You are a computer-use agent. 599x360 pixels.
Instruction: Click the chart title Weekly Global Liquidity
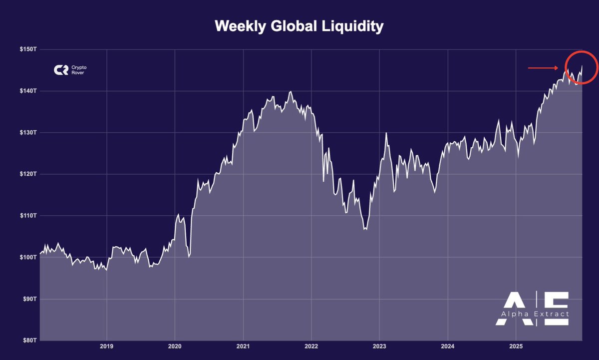tap(299, 26)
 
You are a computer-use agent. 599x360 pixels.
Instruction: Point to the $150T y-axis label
tap(29, 49)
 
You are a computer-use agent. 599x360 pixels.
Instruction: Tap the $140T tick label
tap(29, 91)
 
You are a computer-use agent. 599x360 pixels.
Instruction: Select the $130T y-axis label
tap(29, 132)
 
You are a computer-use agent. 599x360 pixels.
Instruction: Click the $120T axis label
tap(29, 174)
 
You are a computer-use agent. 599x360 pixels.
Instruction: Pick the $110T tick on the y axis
tap(29, 215)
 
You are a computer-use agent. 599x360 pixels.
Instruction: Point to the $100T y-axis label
tap(29, 257)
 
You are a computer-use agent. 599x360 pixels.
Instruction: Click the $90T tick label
tap(30, 299)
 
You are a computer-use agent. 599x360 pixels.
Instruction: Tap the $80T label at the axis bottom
tap(30, 340)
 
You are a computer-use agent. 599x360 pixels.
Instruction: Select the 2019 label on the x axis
tap(106, 346)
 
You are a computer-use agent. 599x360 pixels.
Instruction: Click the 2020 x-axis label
tap(175, 346)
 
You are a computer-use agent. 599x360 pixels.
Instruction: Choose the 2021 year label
tap(243, 346)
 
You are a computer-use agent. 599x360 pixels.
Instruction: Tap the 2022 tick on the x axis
tap(311, 346)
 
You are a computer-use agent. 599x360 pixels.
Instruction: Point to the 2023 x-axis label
tap(379, 346)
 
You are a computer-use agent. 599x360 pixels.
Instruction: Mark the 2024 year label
tap(448, 346)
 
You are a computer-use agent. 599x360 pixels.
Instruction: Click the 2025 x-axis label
tap(516, 346)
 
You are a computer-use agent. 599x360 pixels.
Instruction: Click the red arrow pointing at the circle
tap(543, 67)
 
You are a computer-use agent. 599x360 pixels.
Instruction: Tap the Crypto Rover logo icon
tap(61, 70)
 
